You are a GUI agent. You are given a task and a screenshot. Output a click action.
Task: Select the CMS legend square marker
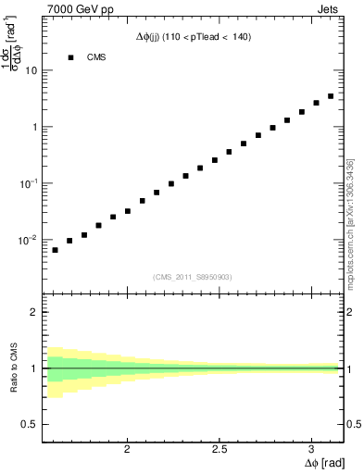(70, 57)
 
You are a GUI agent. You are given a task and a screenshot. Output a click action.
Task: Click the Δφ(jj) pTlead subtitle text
(193, 36)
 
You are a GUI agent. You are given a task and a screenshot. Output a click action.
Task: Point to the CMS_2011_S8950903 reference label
(193, 277)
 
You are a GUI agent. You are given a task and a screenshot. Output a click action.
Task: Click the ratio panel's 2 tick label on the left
(34, 312)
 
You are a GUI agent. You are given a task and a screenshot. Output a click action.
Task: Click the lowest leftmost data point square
(55, 250)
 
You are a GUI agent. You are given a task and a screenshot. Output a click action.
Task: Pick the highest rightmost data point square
(331, 96)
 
